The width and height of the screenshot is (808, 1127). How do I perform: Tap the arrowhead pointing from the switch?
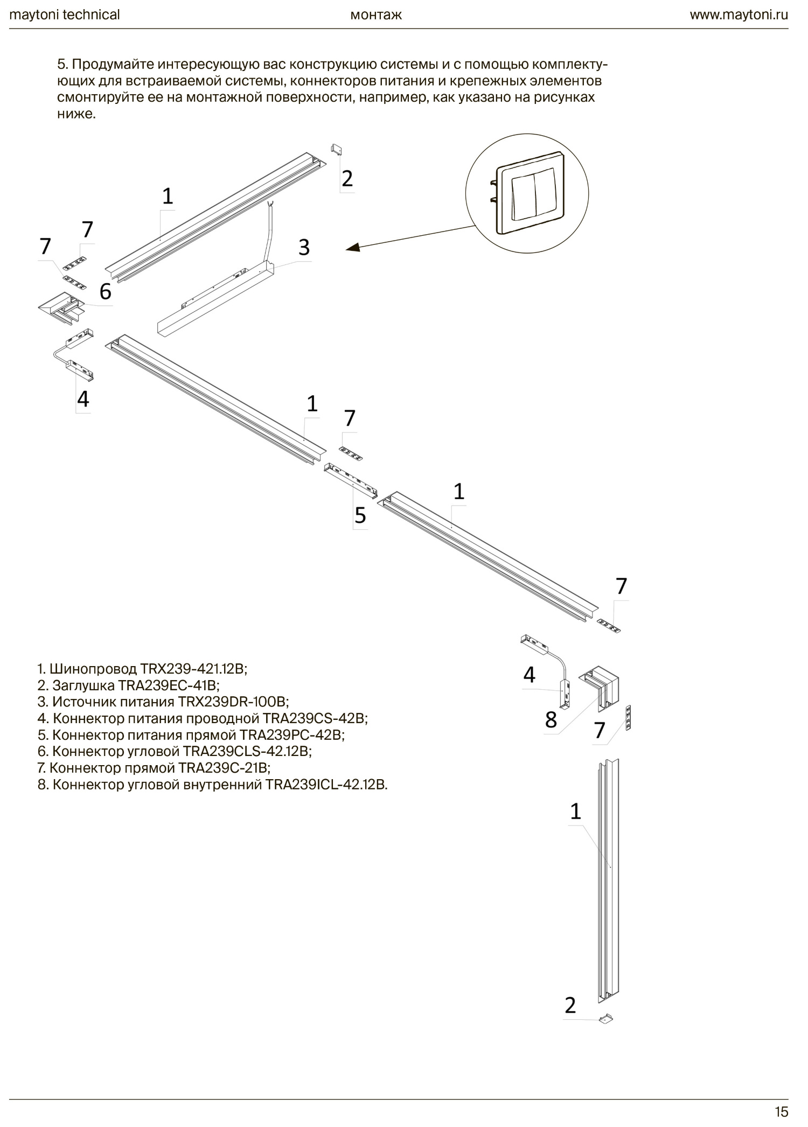pos(353,248)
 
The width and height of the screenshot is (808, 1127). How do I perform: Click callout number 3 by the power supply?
pos(304,248)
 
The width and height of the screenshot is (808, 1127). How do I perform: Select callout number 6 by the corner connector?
pos(106,291)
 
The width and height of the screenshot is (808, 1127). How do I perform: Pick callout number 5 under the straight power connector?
pos(360,515)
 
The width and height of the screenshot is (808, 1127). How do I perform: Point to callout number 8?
pos(551,719)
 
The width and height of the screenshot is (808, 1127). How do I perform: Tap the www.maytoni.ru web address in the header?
pos(739,15)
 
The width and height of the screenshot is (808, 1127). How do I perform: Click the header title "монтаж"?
pos(376,15)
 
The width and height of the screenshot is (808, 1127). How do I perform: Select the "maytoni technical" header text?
pos(65,15)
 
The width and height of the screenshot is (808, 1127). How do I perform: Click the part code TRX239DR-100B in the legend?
pos(233,702)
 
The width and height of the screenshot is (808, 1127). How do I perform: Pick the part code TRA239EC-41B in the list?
pos(169,685)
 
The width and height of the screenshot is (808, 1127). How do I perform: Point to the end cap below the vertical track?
pos(605,1018)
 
